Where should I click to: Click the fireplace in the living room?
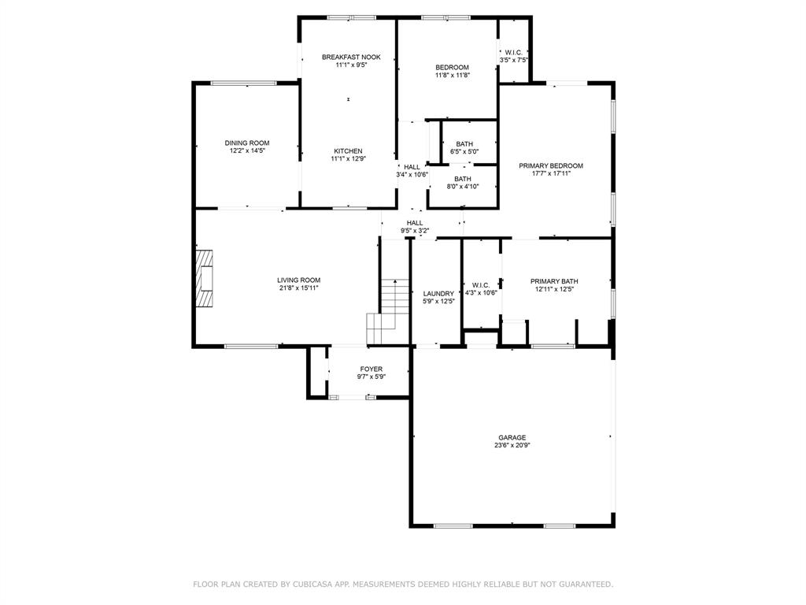click(x=205, y=279)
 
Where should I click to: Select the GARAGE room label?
click(x=512, y=437)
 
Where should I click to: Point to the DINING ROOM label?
click(x=247, y=143)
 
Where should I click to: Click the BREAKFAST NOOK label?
click(x=351, y=57)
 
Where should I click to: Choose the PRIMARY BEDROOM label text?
click(x=551, y=165)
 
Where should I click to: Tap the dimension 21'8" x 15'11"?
click(x=298, y=288)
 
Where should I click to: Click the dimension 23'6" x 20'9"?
click(x=512, y=445)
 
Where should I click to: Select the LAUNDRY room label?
click(x=438, y=293)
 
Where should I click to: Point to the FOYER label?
click(x=372, y=369)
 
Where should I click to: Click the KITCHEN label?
click(x=348, y=150)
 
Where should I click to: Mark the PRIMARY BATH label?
click(x=554, y=281)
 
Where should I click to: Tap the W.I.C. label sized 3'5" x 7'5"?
click(x=513, y=52)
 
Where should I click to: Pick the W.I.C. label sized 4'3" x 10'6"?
click(x=480, y=284)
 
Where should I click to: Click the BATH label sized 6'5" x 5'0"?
click(x=464, y=143)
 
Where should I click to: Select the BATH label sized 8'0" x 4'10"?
click(x=462, y=179)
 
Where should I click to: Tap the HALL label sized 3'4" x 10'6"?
click(x=412, y=167)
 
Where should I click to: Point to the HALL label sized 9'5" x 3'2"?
click(x=415, y=223)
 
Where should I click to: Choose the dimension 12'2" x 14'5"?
click(x=247, y=150)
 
